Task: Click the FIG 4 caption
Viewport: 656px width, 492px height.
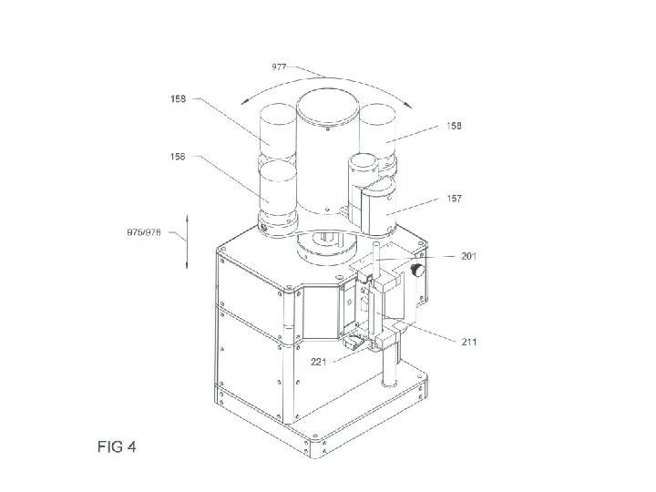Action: coord(117,446)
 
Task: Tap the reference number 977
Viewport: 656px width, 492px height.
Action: coord(279,67)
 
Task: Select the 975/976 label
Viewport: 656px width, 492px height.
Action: coord(144,232)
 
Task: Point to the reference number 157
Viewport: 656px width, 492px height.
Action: coord(455,199)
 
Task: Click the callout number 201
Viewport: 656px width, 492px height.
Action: coord(468,256)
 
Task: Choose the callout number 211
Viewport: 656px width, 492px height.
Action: coord(469,342)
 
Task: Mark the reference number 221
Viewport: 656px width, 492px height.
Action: coord(318,362)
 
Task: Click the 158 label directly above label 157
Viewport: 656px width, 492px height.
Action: coord(454,126)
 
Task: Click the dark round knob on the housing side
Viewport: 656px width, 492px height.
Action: coord(417,270)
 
